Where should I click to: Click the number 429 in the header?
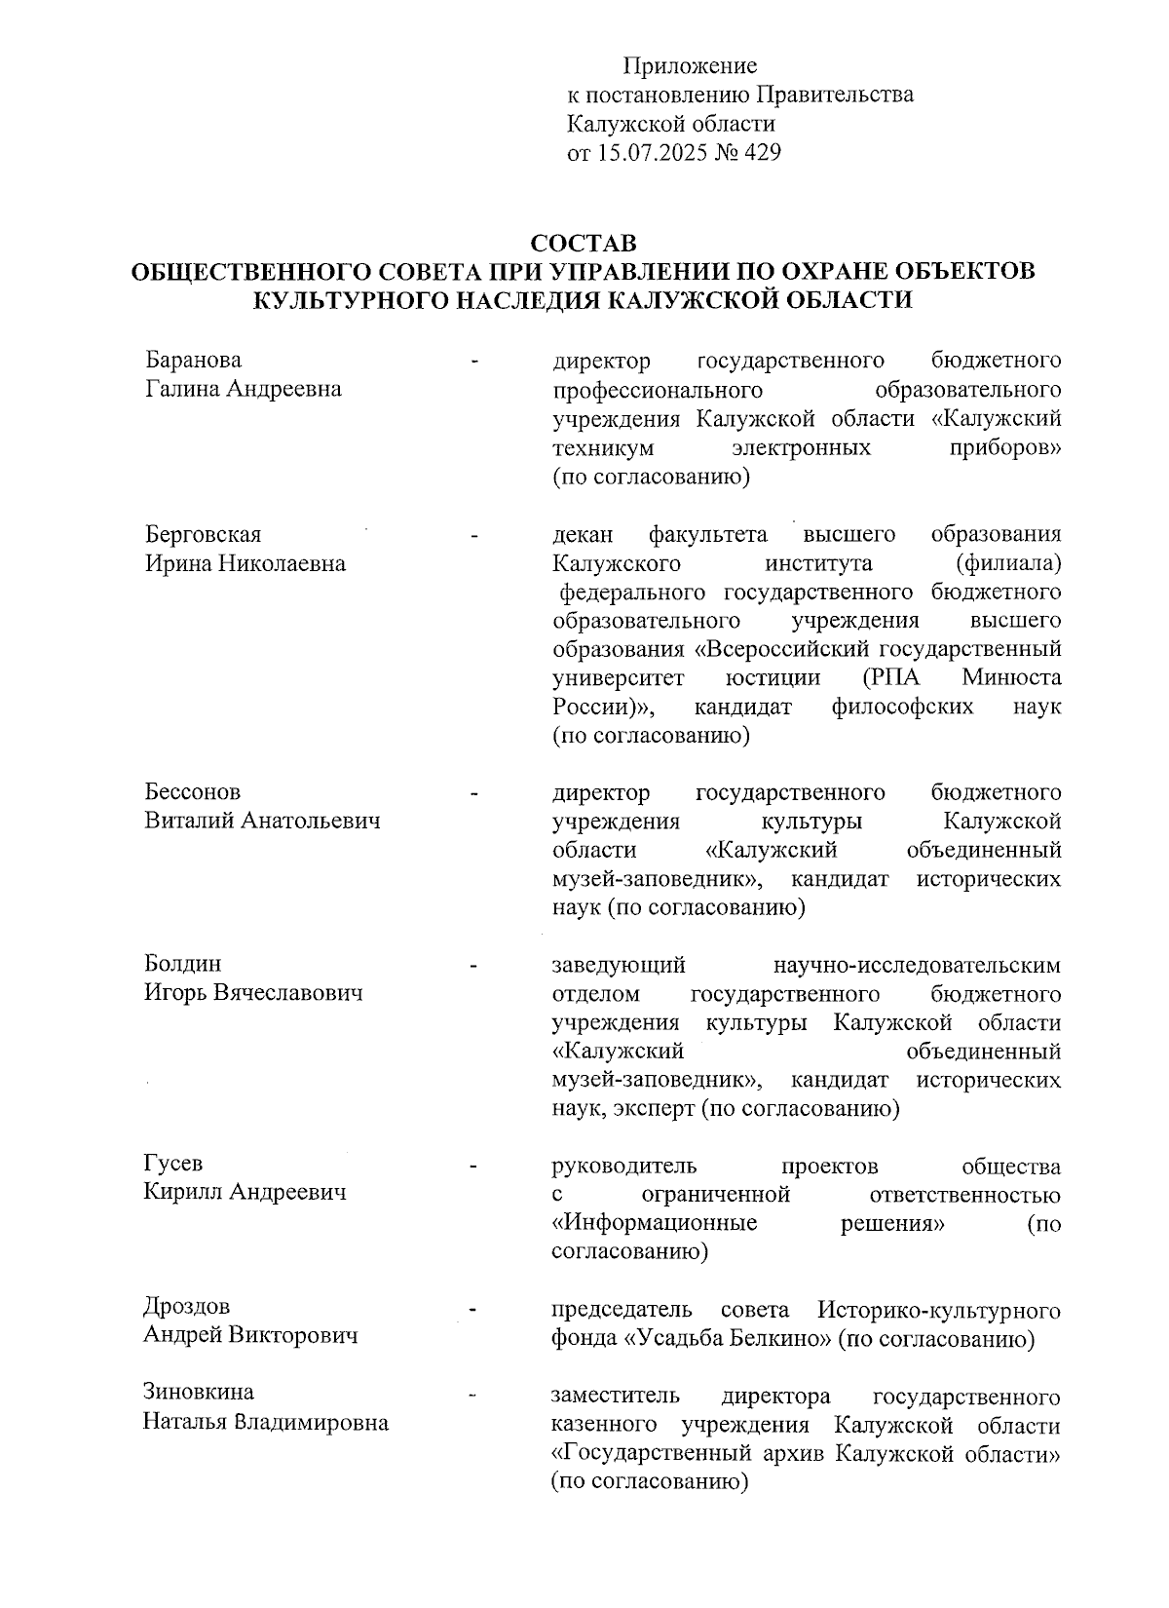(x=762, y=153)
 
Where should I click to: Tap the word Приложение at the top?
(x=690, y=66)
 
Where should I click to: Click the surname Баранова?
(x=193, y=361)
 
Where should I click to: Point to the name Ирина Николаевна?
(x=245, y=564)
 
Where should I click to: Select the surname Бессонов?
(x=193, y=792)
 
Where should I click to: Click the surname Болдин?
(x=183, y=964)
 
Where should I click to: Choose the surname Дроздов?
(x=187, y=1307)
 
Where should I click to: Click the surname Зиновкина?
(x=199, y=1393)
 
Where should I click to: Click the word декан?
(x=583, y=535)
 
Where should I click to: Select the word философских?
(x=902, y=707)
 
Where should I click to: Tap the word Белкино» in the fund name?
(x=780, y=1339)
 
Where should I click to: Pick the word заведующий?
(x=619, y=965)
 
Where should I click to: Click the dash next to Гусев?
(x=473, y=1166)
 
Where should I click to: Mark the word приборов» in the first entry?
(x=1005, y=448)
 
